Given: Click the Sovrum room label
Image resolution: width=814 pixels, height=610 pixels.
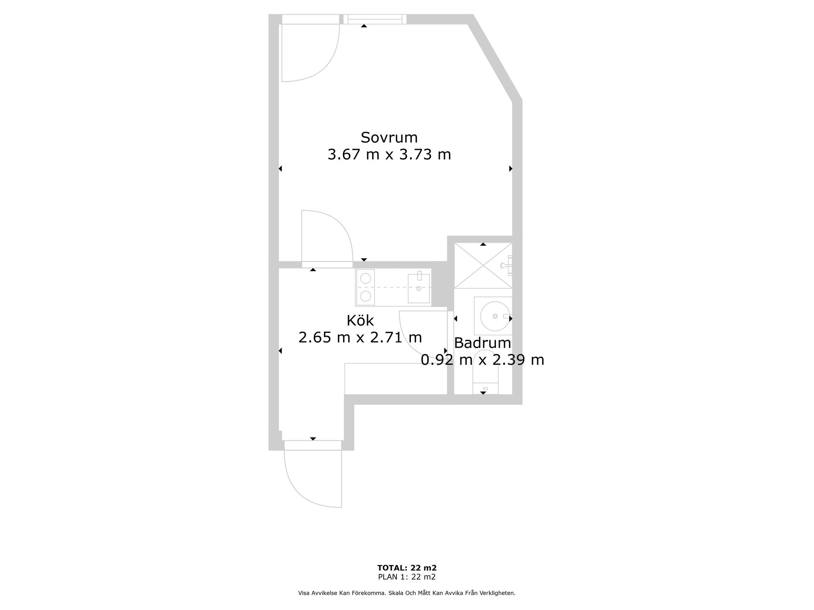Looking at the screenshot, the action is click(x=389, y=137).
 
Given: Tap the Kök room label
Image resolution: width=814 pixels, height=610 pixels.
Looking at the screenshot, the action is click(x=360, y=320).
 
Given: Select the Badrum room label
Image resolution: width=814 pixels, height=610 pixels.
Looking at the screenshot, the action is click(x=482, y=342).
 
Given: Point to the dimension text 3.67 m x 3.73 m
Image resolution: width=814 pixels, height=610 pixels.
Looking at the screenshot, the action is click(x=389, y=154).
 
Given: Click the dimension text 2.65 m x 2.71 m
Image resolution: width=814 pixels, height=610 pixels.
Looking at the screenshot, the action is click(x=360, y=338).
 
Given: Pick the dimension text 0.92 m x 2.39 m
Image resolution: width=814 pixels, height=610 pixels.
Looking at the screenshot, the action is click(x=482, y=360).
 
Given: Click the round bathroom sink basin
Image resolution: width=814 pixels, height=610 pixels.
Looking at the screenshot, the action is click(x=495, y=316).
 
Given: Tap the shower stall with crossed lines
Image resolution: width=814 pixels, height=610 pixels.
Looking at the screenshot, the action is click(x=483, y=266).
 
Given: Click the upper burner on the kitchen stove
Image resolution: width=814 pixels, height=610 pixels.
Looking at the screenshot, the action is click(x=365, y=278).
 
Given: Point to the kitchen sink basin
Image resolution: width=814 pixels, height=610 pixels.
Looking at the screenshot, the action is click(x=418, y=288).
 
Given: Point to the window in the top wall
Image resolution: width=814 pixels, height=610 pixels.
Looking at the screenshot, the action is click(x=375, y=19).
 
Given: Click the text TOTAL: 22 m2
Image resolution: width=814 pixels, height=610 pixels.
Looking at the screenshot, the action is click(x=407, y=568).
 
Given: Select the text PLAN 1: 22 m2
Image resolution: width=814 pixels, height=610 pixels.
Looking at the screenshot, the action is click(x=407, y=577).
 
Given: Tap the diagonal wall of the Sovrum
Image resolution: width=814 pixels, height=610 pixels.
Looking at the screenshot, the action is click(x=495, y=59).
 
